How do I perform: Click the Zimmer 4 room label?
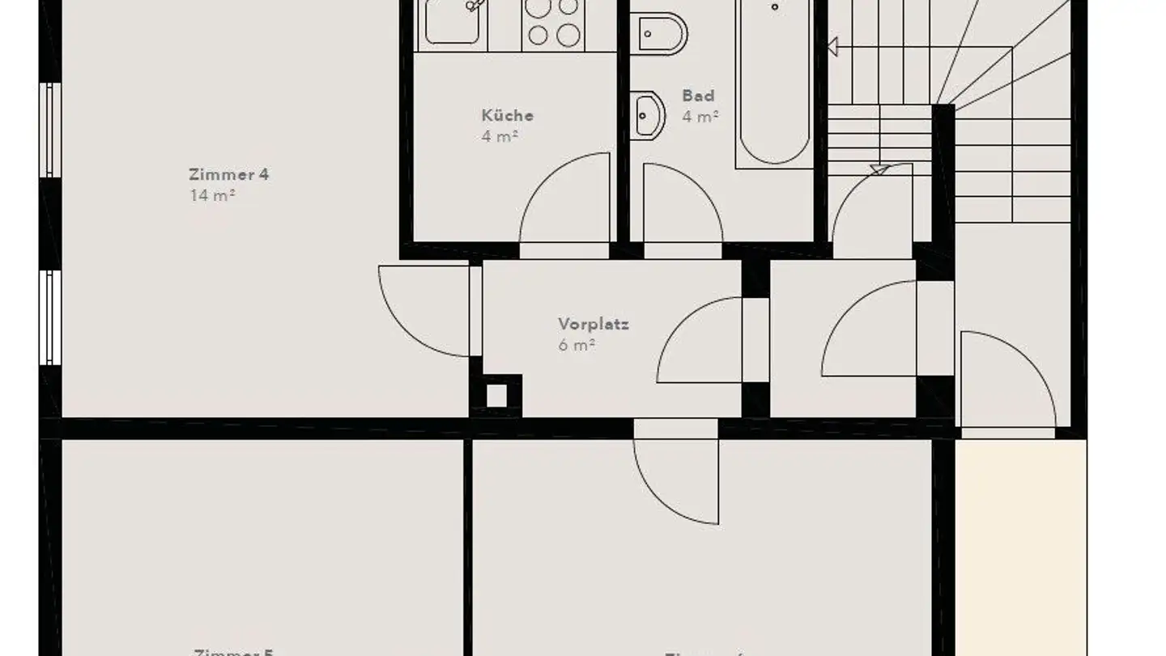[x=228, y=174]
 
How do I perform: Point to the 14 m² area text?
[x=212, y=195]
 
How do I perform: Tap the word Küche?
[x=507, y=115]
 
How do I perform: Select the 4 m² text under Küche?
[x=499, y=136]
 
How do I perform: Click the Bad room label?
[x=698, y=96]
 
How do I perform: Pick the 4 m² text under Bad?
[x=700, y=117]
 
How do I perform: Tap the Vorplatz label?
[x=593, y=324]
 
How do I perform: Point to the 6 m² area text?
[x=577, y=345]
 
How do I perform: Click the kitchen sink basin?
[x=453, y=22]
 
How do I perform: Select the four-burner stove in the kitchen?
[x=553, y=22]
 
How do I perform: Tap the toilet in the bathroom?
[x=660, y=33]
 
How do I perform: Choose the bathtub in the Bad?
[x=773, y=81]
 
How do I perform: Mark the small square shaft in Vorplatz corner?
[x=496, y=396]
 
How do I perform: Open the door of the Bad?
[x=680, y=207]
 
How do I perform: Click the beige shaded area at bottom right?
[x=1020, y=543]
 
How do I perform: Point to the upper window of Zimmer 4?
[x=51, y=130]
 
